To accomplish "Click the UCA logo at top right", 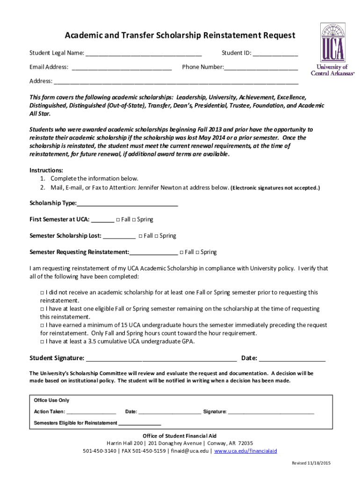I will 333,49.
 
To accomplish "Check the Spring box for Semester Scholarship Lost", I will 157,236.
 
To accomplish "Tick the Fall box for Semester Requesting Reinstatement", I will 181,253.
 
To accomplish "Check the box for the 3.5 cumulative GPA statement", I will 42,341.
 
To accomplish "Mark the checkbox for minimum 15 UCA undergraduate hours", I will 42,325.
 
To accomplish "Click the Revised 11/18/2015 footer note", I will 311,463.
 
